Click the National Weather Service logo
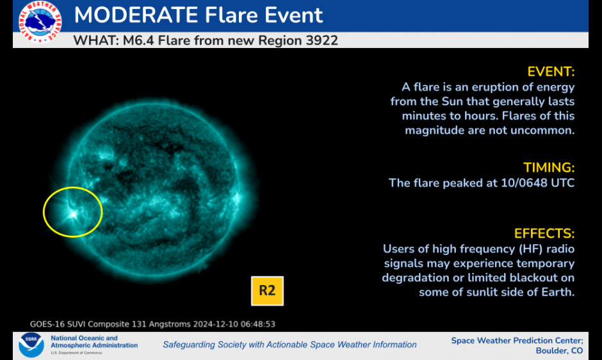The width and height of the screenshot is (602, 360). pyautogui.click(x=40, y=22)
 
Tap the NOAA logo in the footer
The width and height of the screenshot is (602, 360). pyautogui.click(x=31, y=345)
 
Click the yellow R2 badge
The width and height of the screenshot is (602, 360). pyautogui.click(x=267, y=291)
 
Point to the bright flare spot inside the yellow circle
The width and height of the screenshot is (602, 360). pyautogui.click(x=73, y=214)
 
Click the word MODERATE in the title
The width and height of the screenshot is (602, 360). pyautogui.click(x=136, y=15)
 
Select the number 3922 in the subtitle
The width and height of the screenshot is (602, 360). pyautogui.click(x=321, y=40)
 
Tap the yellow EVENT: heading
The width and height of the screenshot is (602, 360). pyautogui.click(x=551, y=72)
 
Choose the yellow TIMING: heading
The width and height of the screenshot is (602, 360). pyautogui.click(x=549, y=168)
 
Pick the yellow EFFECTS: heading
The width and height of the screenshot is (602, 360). pyautogui.click(x=544, y=233)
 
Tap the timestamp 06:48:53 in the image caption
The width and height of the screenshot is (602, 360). pyautogui.click(x=258, y=324)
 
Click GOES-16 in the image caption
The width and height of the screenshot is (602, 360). pyautogui.click(x=47, y=324)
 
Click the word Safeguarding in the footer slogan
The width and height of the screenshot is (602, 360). pyautogui.click(x=188, y=345)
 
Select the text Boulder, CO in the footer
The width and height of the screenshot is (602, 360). pyautogui.click(x=559, y=351)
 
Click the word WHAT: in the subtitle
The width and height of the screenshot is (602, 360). pyautogui.click(x=96, y=40)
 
